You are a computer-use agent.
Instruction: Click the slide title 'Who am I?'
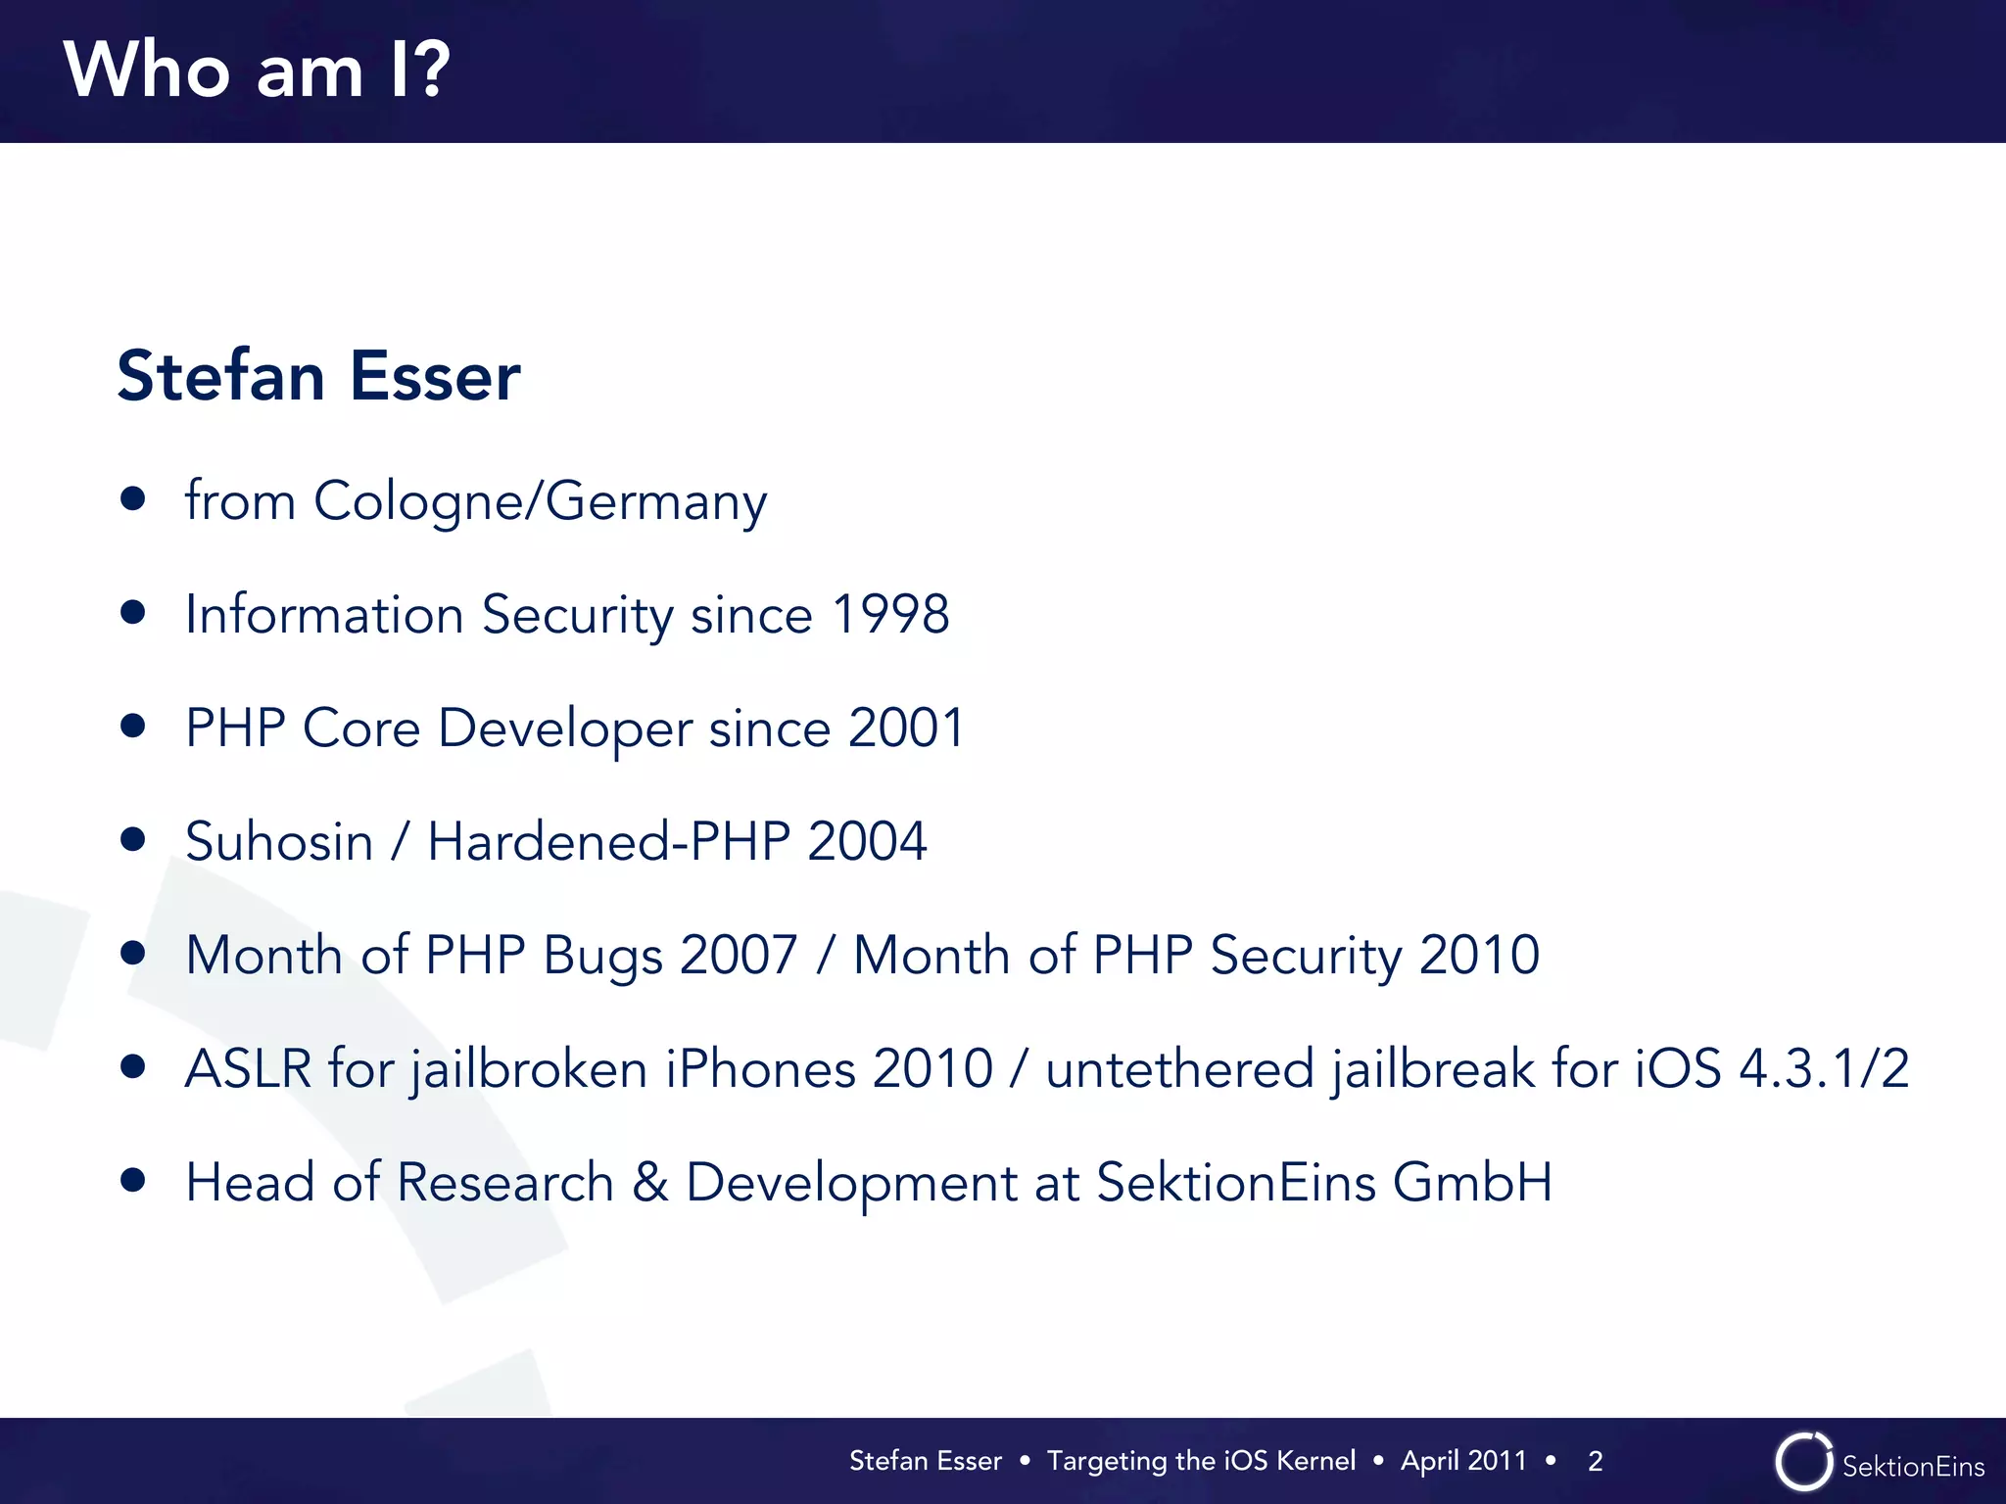click(257, 70)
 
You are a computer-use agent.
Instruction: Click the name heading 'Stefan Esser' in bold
click(318, 376)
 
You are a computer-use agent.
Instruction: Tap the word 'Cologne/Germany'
click(540, 502)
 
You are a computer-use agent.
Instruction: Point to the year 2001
click(906, 728)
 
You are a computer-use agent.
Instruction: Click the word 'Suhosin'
click(279, 842)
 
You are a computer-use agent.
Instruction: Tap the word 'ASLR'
click(248, 1068)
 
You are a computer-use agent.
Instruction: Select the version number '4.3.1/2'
click(1823, 1068)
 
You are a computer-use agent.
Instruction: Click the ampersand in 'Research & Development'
click(650, 1183)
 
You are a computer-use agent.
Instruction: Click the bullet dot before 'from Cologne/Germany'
click(133, 499)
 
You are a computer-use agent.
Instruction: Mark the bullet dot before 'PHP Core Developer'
click(133, 727)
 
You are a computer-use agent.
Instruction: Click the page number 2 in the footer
click(1595, 1461)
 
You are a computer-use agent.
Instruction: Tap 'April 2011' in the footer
click(1463, 1461)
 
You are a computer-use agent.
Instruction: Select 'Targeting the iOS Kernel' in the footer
click(1201, 1461)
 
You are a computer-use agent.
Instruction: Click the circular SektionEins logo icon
click(1803, 1462)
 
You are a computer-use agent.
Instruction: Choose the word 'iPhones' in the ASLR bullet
click(760, 1068)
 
